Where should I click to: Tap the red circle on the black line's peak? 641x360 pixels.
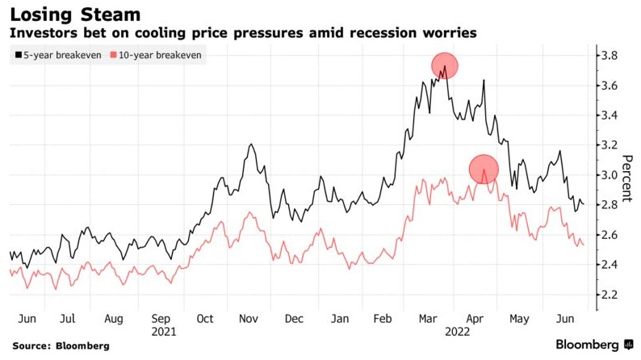(x=445, y=65)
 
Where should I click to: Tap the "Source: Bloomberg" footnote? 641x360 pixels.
(x=61, y=345)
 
